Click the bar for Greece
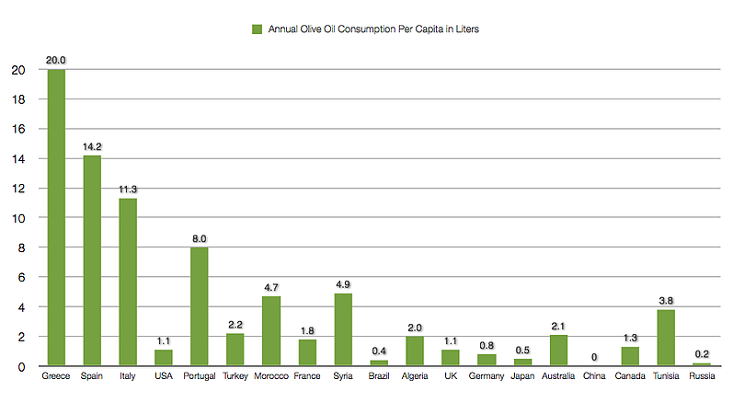tap(55, 217)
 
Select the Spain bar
tap(91, 260)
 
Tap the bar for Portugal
tap(199, 306)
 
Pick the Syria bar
tap(342, 329)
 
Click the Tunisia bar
tap(666, 338)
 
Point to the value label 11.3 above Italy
tap(127, 190)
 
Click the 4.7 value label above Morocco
tap(270, 287)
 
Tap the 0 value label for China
tap(594, 357)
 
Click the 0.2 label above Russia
tap(702, 353)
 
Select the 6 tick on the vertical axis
tap(21, 277)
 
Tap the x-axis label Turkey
tap(235, 378)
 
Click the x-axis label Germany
tap(487, 378)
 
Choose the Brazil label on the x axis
tap(378, 378)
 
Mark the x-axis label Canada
tap(630, 378)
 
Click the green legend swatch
tap(257, 29)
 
